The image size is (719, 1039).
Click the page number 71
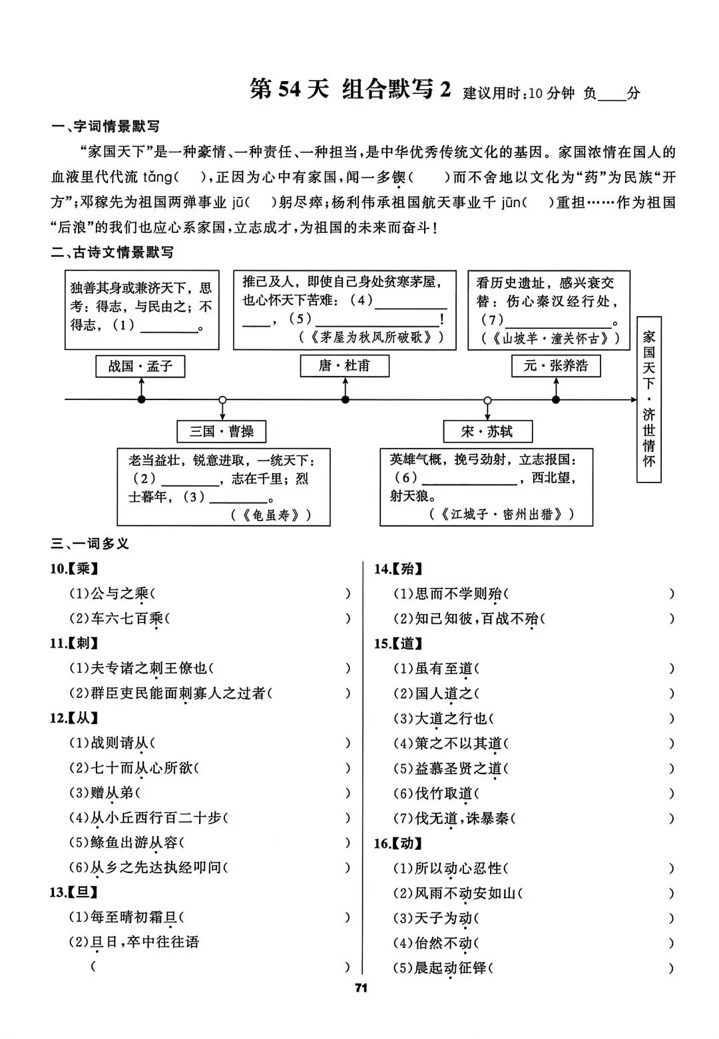pos(361,988)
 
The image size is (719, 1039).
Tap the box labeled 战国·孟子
pos(140,366)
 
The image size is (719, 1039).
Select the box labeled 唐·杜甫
pos(344,365)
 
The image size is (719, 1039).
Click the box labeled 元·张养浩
pos(555,365)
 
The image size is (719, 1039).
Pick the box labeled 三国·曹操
pos(222,431)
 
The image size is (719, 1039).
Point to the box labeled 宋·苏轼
pos(487,431)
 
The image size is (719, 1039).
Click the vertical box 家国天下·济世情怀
pos(648,399)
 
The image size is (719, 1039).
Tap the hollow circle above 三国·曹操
pos(222,400)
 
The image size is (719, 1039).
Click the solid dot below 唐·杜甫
pos(345,400)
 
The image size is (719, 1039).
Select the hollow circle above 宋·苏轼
pos(487,400)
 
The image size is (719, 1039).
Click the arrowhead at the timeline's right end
pos(633,400)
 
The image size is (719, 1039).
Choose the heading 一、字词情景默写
pos(106,126)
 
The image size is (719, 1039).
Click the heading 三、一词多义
pos(91,544)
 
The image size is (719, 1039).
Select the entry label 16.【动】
pos(397,843)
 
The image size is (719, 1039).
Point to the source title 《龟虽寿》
pos(272,515)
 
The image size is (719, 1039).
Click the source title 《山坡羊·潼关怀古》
pos(552,339)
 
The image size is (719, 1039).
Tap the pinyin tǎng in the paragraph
pos(156,177)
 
